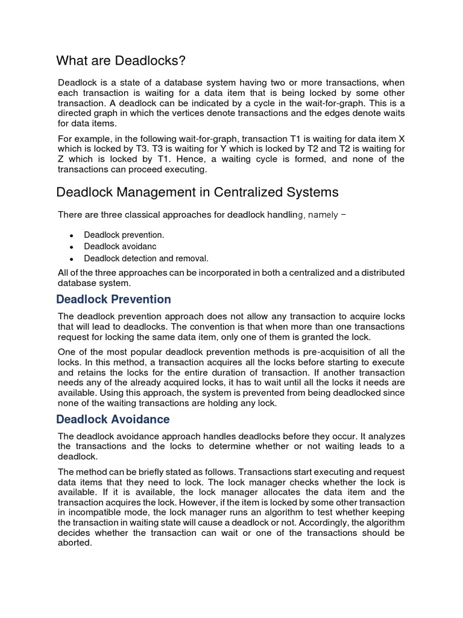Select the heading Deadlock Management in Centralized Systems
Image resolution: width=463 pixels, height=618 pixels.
pyautogui.click(x=197, y=193)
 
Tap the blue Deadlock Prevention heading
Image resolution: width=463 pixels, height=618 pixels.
pyautogui.click(x=113, y=299)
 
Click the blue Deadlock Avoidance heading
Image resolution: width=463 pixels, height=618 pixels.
pyautogui.click(x=113, y=419)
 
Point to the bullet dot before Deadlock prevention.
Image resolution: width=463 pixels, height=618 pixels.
pyautogui.click(x=71, y=235)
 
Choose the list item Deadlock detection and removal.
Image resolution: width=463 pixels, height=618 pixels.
pyautogui.click(x=146, y=258)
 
